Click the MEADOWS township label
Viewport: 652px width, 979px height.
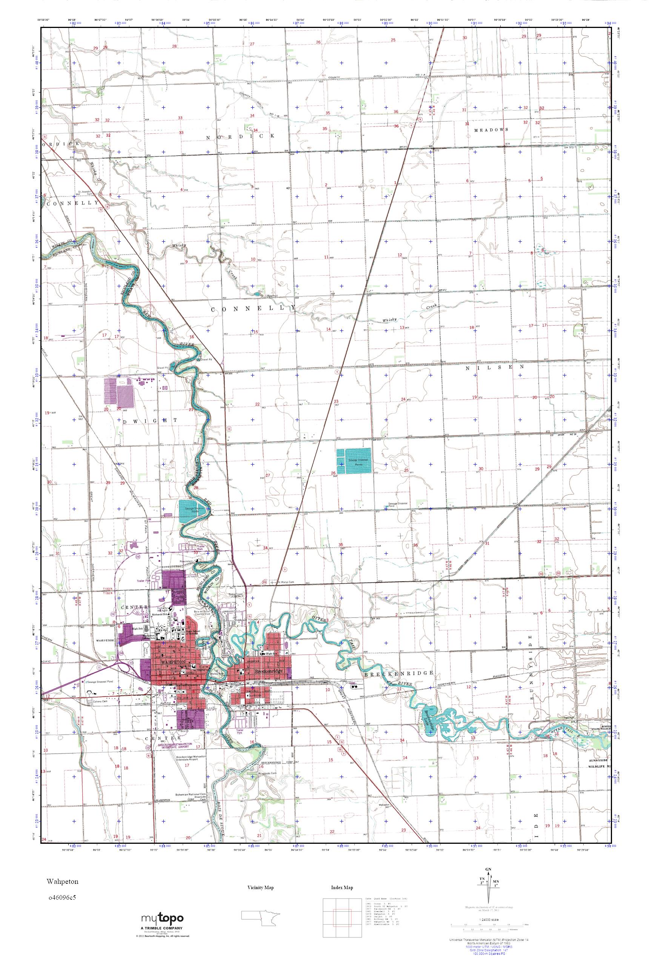coord(491,130)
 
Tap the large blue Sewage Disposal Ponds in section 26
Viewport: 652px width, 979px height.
coord(354,461)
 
